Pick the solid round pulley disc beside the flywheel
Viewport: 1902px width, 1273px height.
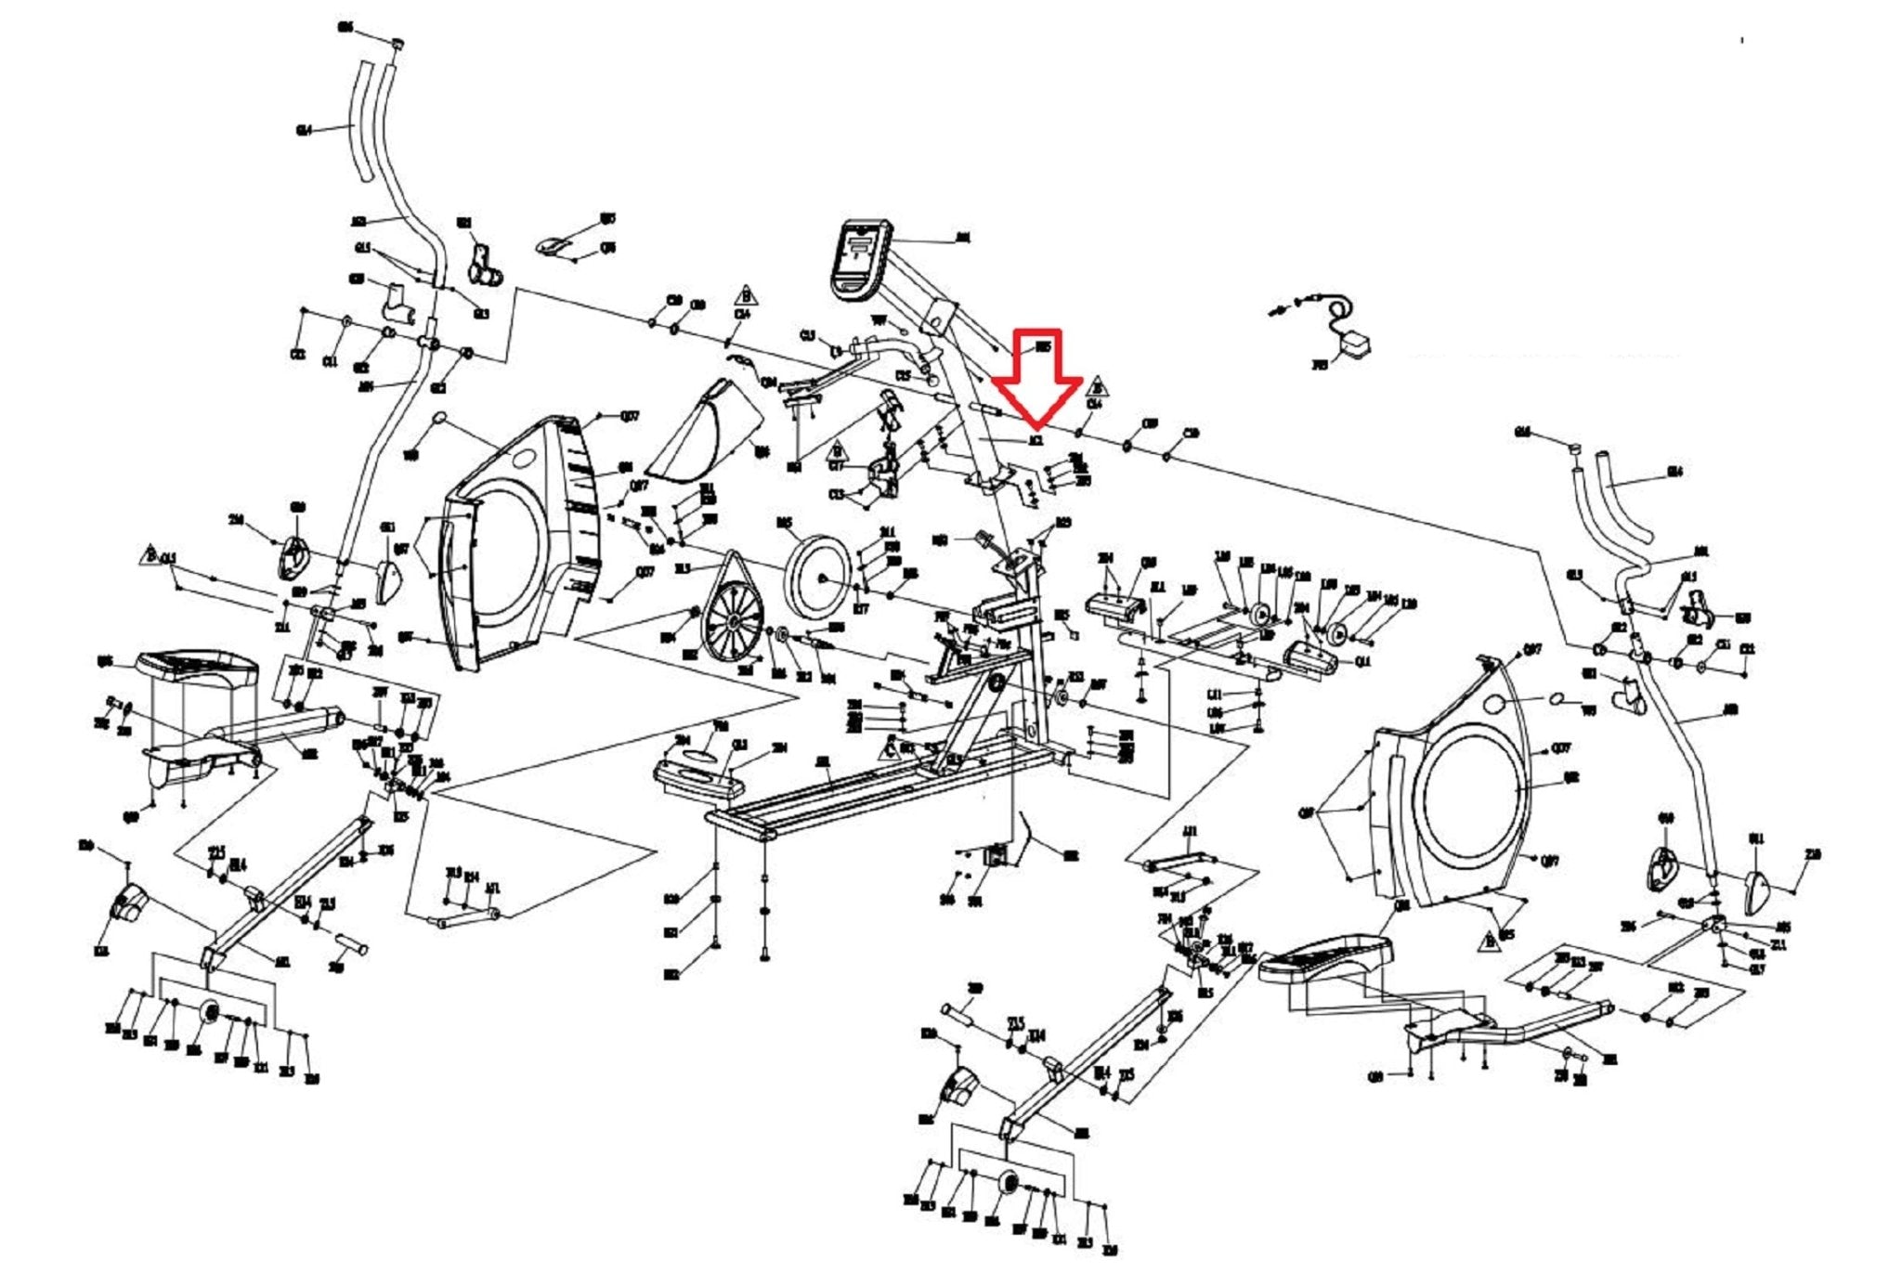(818, 576)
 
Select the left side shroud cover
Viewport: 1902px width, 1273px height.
(520, 548)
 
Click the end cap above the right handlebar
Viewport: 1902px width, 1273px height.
(1575, 448)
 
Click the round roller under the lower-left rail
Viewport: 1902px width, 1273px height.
(210, 1011)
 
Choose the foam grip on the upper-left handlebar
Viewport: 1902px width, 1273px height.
(362, 121)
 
